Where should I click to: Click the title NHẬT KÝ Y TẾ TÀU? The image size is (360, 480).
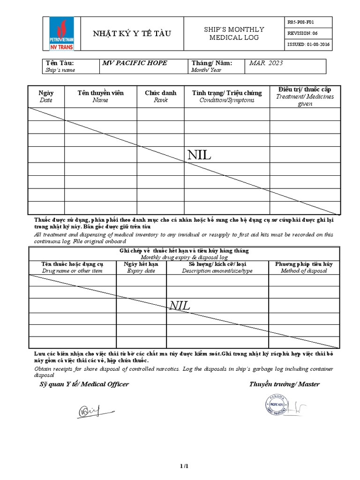(132, 33)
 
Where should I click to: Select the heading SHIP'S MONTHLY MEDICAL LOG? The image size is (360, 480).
(233, 33)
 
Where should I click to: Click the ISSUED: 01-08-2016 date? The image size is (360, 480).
(308, 45)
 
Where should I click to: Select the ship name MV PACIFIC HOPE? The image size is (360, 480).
(135, 63)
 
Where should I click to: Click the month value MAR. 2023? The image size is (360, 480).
(266, 63)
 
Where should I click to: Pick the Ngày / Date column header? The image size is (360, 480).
(46, 96)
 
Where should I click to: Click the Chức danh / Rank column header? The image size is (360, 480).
(160, 96)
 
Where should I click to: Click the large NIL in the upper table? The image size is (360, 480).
(199, 156)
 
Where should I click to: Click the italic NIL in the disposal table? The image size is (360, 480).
(180, 306)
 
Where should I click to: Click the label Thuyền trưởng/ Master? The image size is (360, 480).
(285, 384)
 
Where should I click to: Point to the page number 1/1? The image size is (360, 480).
(184, 466)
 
